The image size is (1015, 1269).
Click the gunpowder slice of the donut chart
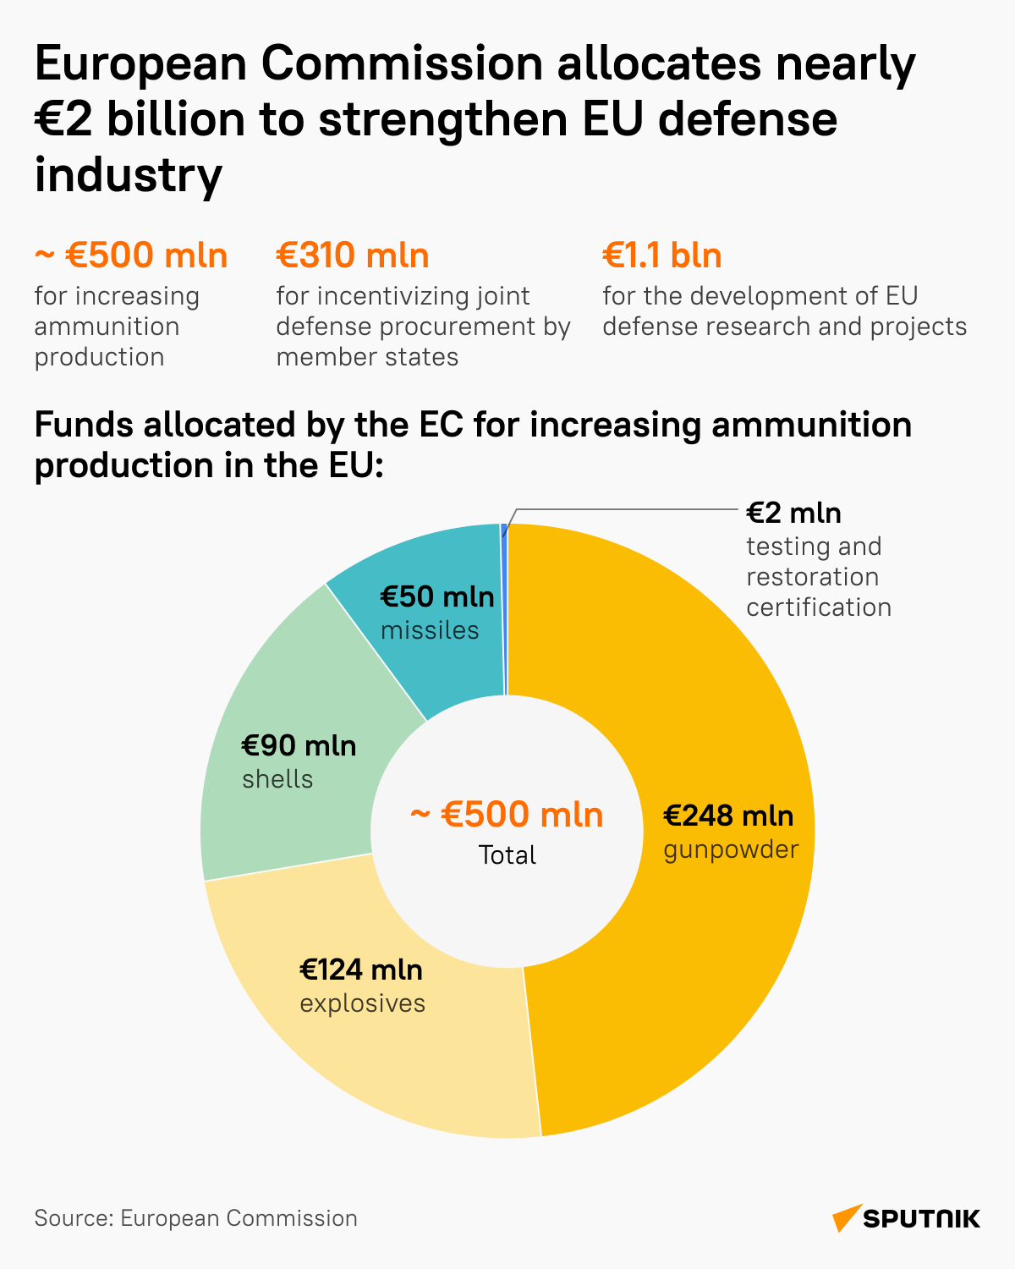719,973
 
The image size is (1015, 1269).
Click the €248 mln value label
728,816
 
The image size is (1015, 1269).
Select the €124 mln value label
361,970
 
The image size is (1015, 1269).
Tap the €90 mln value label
299,745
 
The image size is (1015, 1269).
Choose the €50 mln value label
436,596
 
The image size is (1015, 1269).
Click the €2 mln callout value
793,513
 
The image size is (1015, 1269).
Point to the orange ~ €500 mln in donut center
507,814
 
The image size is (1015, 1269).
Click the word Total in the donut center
507,855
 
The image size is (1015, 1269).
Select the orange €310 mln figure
353,255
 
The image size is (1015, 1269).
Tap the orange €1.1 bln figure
662,255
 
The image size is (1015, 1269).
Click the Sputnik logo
906,1218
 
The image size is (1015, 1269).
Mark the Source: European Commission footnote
195,1218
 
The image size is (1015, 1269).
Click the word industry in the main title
129,174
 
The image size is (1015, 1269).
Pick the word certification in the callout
818,607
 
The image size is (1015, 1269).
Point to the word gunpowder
731,849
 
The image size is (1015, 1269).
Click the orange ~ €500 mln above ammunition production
131,255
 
